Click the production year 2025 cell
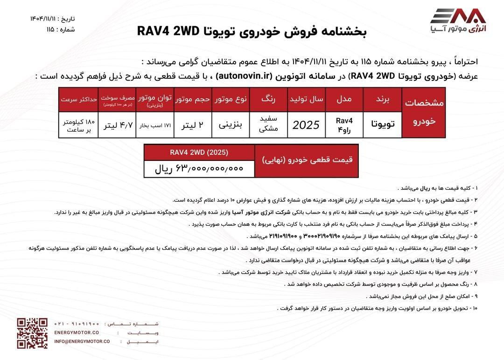click(x=306, y=125)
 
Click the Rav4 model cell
click(x=344, y=125)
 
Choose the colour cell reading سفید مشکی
click(x=268, y=125)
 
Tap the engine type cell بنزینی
click(x=231, y=125)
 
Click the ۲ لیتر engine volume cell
click(x=192, y=125)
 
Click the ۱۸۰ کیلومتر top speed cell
click(x=79, y=125)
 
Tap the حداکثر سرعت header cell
click(x=79, y=99)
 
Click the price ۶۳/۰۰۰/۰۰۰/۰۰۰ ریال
click(x=199, y=168)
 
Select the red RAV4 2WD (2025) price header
click(x=199, y=152)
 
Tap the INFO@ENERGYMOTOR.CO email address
click(x=82, y=341)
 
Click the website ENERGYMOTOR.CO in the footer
click(x=77, y=332)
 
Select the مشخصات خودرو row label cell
click(x=425, y=112)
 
